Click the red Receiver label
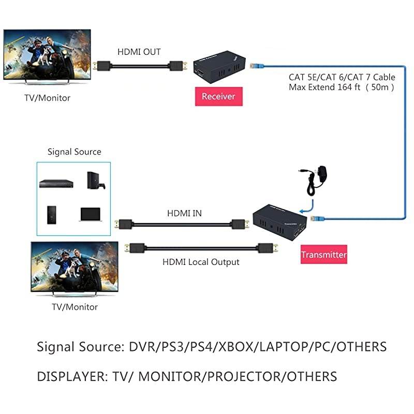(218, 96)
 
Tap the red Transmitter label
(323, 255)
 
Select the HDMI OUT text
(139, 52)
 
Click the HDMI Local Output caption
(201, 262)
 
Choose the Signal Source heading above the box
(75, 152)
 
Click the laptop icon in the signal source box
(91, 214)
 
